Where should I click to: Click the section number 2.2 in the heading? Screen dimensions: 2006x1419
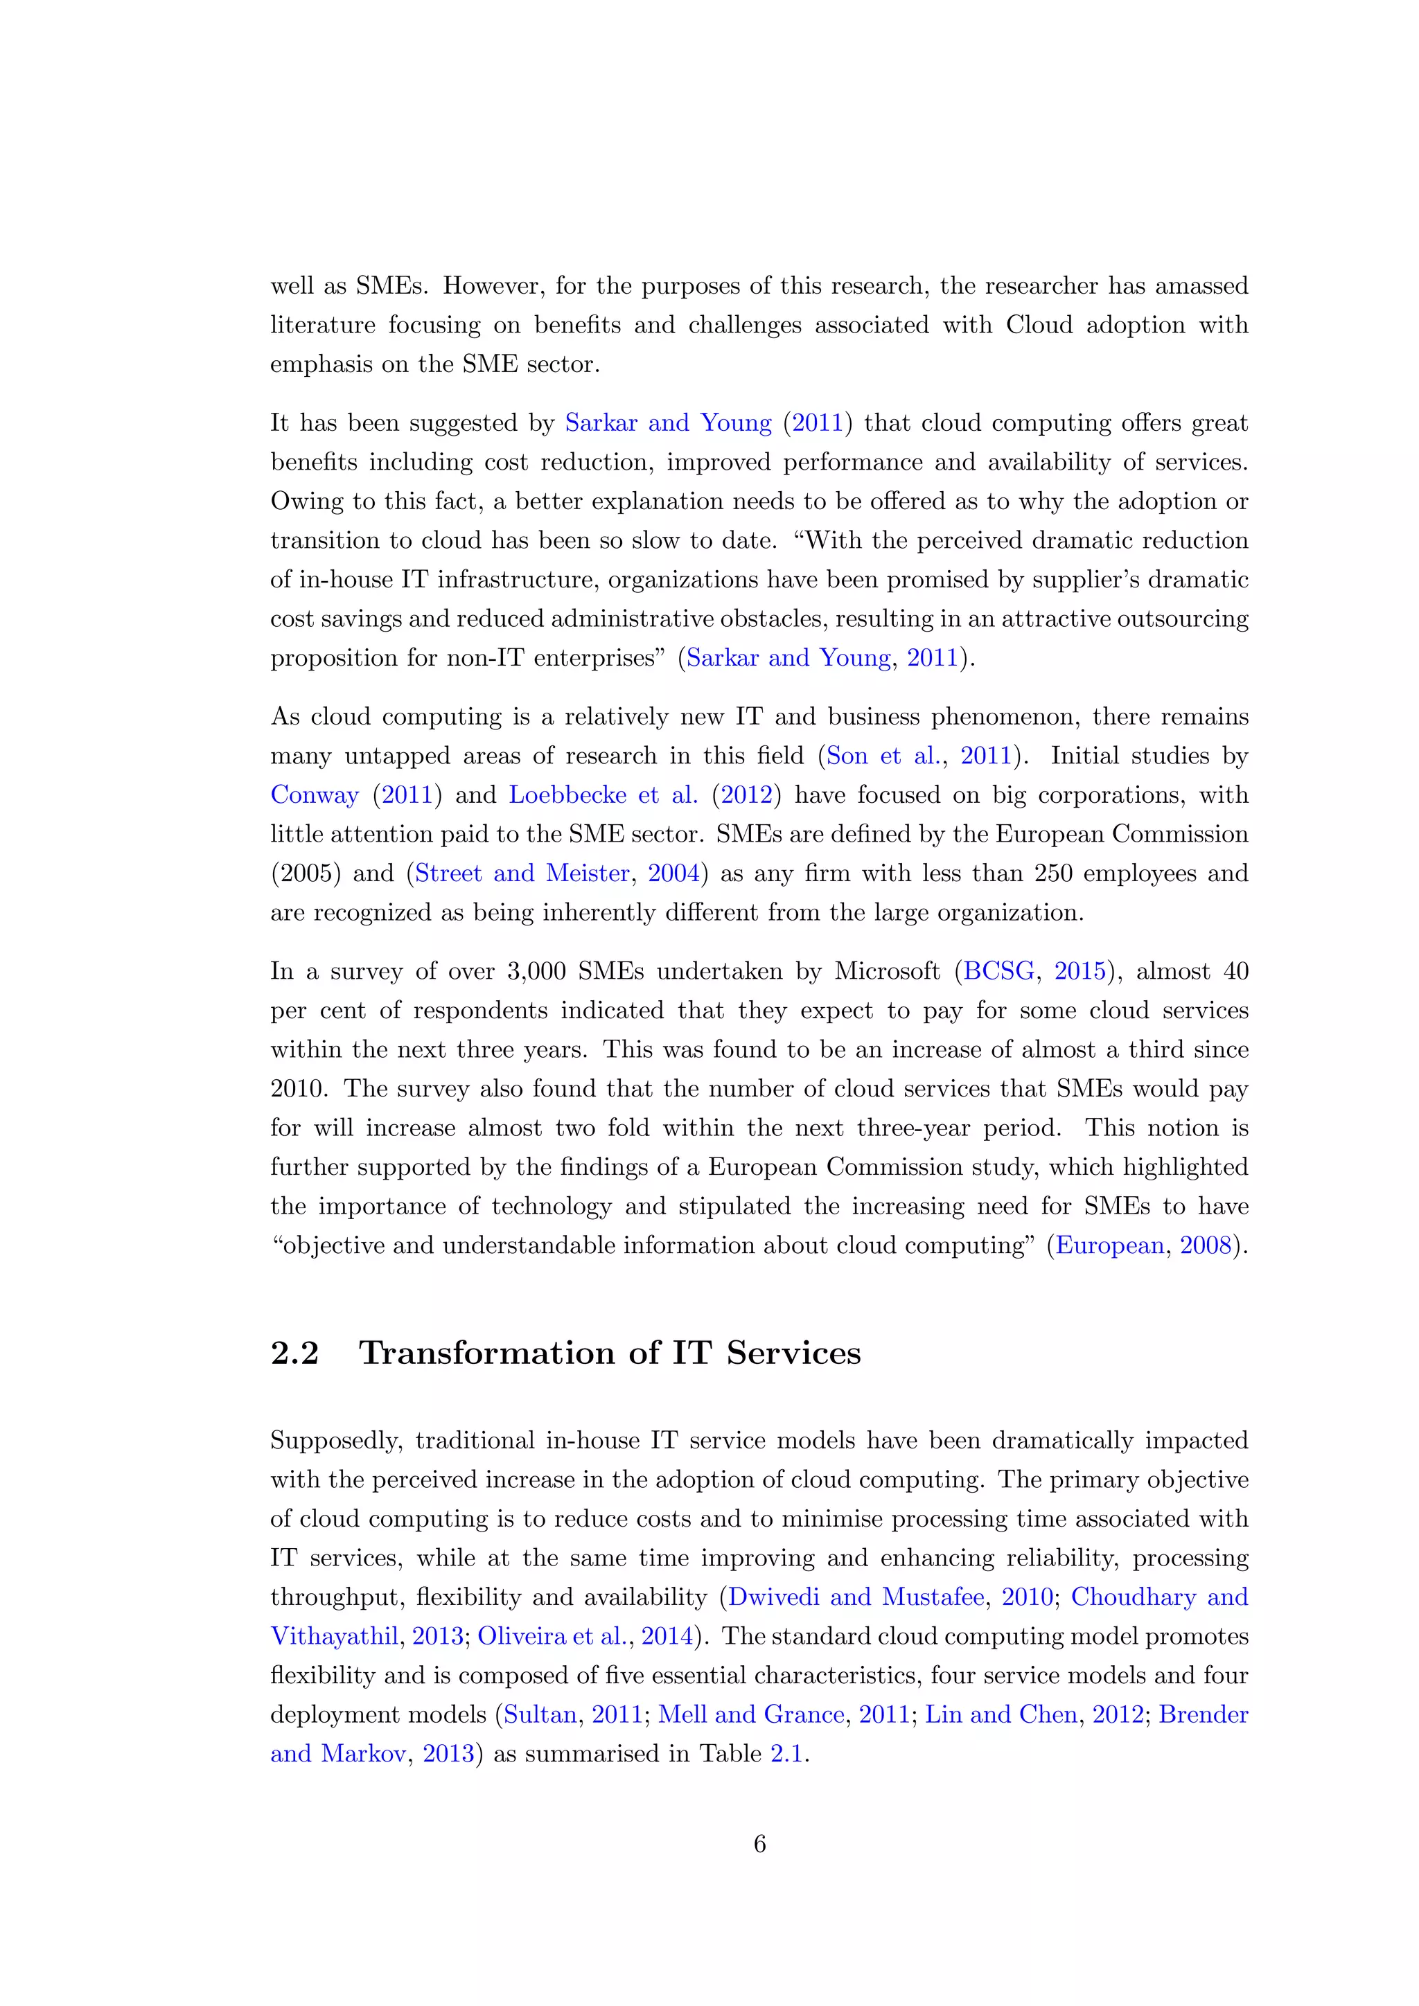[x=294, y=1353]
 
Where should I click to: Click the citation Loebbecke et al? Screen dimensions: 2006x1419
[x=603, y=795]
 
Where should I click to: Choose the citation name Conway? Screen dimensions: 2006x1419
[x=315, y=795]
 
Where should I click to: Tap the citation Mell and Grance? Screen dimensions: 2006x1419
[x=752, y=1714]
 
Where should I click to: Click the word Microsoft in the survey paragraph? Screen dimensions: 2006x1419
[x=887, y=972]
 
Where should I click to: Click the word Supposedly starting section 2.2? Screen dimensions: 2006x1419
[x=335, y=1441]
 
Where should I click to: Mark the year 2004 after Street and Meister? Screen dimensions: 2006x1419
[x=673, y=873]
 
